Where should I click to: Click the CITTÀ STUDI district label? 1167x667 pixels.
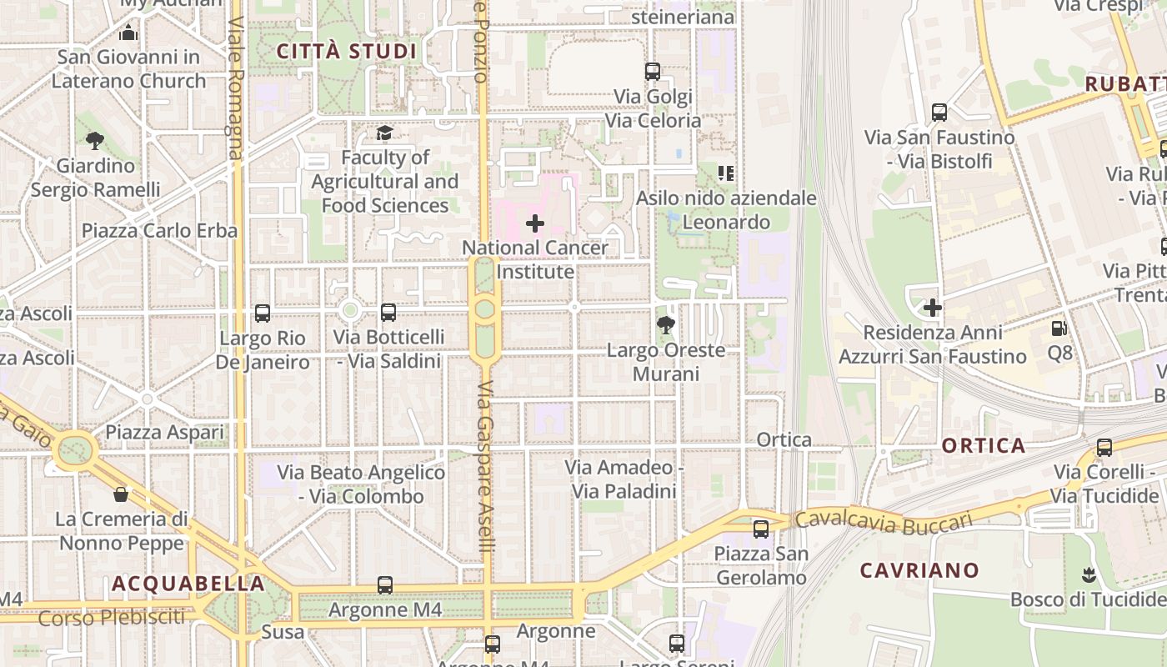(x=346, y=52)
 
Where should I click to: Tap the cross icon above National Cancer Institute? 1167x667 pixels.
(x=535, y=223)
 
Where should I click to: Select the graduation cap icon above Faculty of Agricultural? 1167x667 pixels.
(x=384, y=133)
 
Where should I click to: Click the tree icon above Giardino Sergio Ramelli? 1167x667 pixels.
(x=95, y=141)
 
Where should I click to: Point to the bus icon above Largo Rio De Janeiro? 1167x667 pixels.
(x=263, y=313)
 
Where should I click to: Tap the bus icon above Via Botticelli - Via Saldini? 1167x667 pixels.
(x=388, y=313)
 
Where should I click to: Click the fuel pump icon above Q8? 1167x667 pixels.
(x=1059, y=328)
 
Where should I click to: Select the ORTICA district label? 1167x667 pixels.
(x=984, y=445)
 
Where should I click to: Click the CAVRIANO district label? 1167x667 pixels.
(x=919, y=571)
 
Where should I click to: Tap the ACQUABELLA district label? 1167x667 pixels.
(x=188, y=584)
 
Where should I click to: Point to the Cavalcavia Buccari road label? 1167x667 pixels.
(x=884, y=521)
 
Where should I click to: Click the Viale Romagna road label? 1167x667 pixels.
(x=236, y=88)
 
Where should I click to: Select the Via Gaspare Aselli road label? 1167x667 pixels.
(x=487, y=467)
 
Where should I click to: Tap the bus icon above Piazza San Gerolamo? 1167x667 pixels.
(x=760, y=529)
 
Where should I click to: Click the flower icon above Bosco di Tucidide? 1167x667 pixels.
(x=1087, y=574)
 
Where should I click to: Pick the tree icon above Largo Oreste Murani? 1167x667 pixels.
(x=665, y=325)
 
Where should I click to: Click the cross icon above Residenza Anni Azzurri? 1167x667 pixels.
(x=932, y=308)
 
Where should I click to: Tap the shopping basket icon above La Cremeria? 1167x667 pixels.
(x=121, y=494)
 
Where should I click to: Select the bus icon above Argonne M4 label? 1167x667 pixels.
(x=384, y=585)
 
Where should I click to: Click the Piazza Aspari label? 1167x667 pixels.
(x=164, y=433)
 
